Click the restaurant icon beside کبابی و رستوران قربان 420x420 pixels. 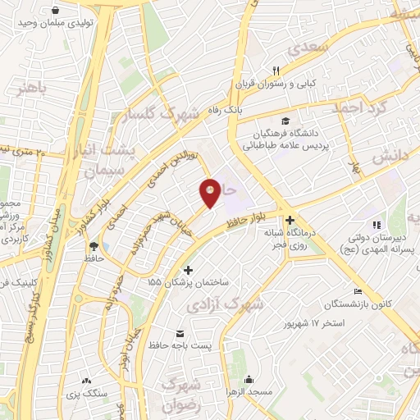(x=276, y=71)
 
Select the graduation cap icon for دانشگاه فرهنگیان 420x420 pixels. (x=285, y=121)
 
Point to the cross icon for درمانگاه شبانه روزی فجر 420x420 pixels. (x=290, y=220)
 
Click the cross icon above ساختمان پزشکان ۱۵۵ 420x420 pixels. (x=188, y=271)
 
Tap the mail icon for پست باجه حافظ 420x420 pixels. (x=180, y=333)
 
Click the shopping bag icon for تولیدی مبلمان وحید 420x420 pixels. (x=54, y=11)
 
